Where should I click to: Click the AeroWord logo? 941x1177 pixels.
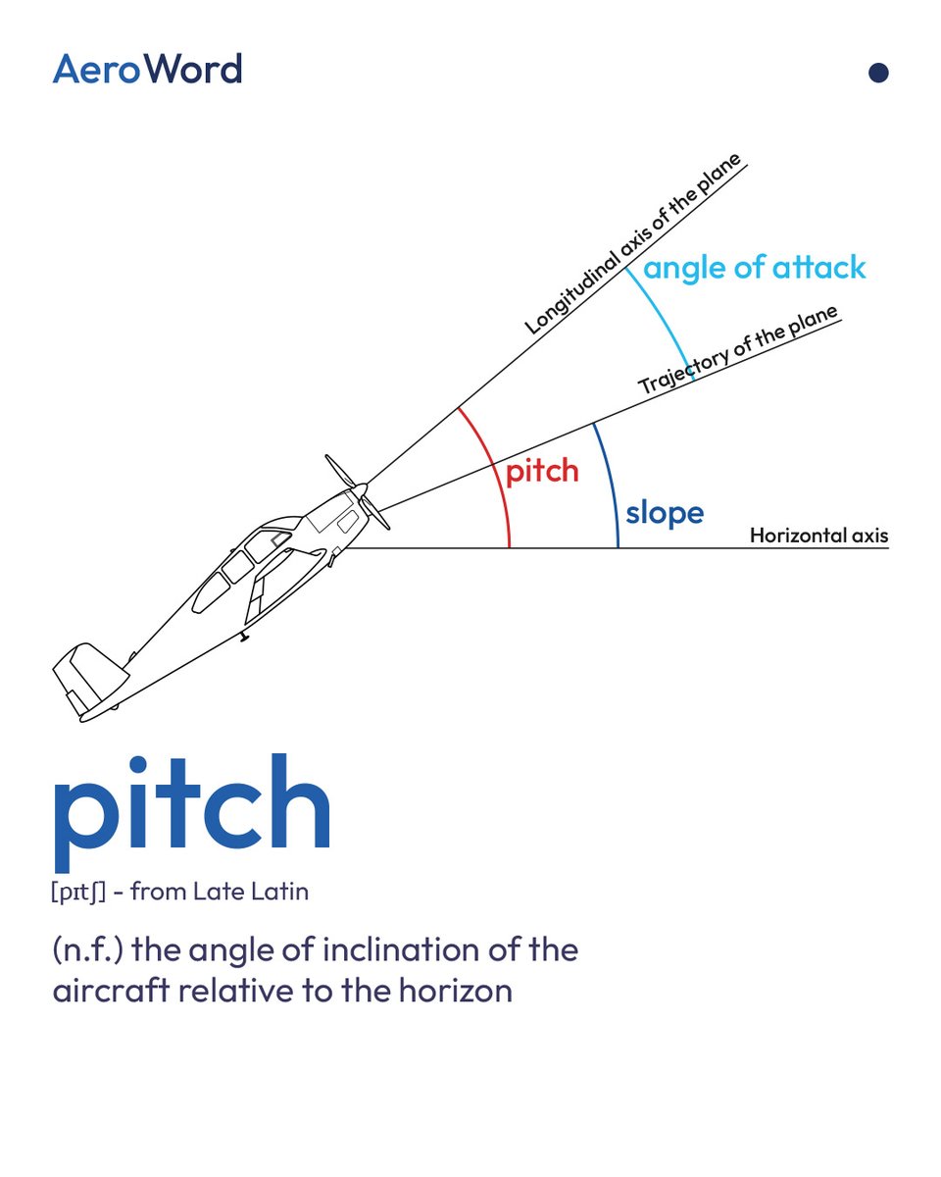click(147, 70)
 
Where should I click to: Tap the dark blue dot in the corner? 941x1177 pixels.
click(878, 73)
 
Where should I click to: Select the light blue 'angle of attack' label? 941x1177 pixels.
click(755, 268)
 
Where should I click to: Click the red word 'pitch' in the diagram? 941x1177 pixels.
click(541, 472)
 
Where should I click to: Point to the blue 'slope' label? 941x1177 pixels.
click(665, 513)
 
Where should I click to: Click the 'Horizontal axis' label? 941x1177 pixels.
click(818, 536)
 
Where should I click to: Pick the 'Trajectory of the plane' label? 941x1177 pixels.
click(739, 351)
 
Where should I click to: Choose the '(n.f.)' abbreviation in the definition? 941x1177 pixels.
click(87, 950)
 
